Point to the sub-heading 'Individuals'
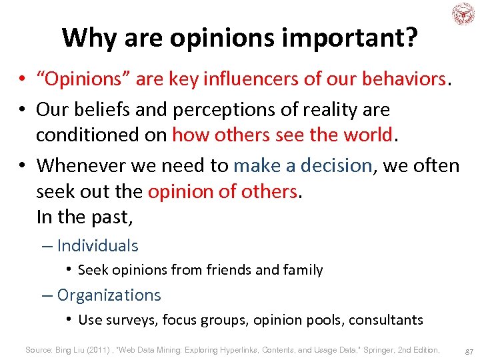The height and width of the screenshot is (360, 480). pyautogui.click(x=97, y=245)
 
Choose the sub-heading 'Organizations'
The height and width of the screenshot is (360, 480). pyautogui.click(x=109, y=295)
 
